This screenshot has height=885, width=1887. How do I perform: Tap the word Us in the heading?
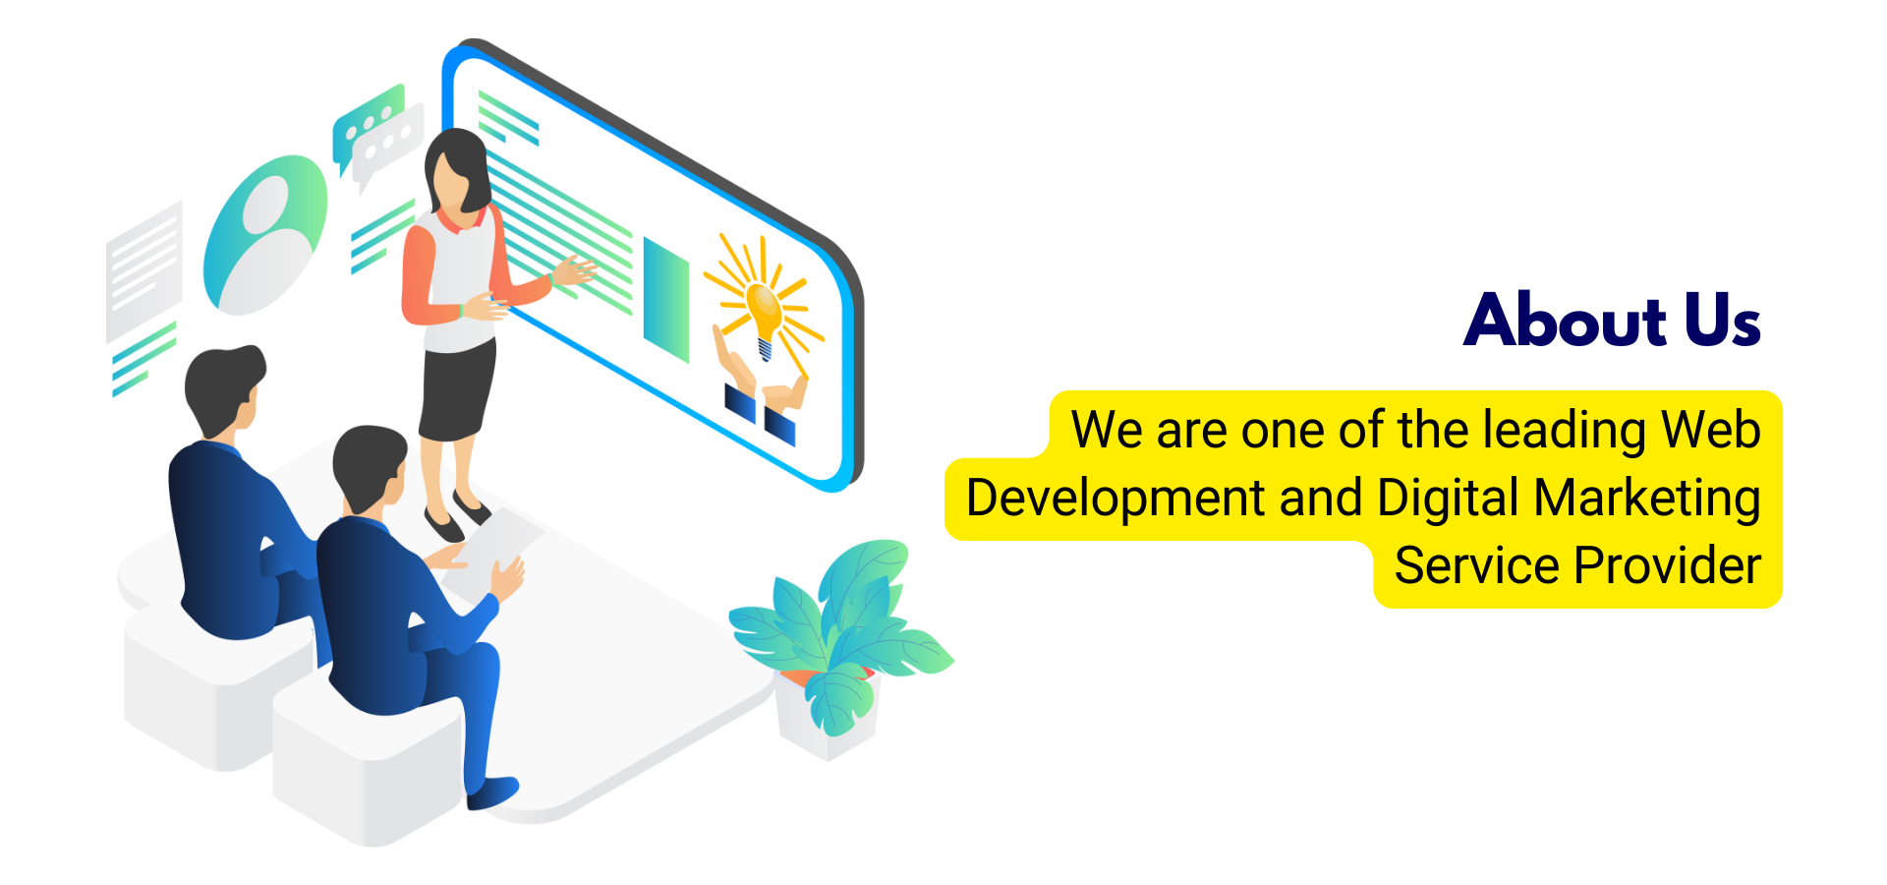(1722, 321)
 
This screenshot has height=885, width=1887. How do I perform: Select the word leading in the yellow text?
(1564, 431)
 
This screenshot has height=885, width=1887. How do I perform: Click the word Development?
(1115, 498)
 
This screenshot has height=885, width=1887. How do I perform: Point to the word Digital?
(1448, 498)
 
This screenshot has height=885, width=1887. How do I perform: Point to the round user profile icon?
(264, 235)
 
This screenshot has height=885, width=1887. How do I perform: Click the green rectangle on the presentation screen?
(665, 300)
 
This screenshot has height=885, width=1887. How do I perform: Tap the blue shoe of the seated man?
(494, 792)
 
